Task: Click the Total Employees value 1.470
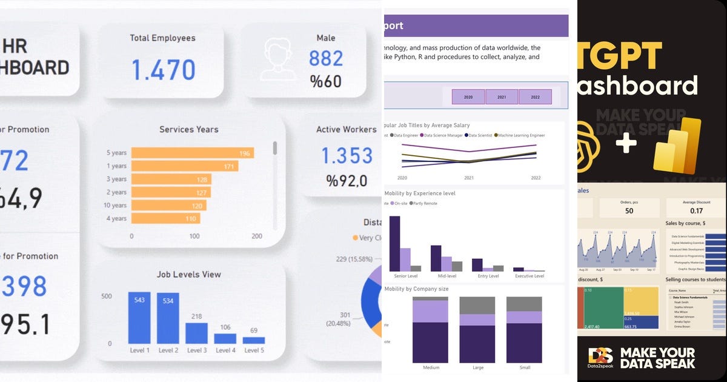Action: tap(163, 69)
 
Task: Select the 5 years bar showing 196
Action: tap(192, 153)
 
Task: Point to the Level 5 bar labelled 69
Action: tap(253, 340)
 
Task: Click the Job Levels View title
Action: tap(189, 274)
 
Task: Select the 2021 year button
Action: tap(502, 97)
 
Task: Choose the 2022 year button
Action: tap(535, 97)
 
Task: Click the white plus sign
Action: tap(626, 144)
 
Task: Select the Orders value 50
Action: tap(629, 210)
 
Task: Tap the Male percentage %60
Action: tap(325, 81)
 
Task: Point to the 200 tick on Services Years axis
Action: tap(256, 236)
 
